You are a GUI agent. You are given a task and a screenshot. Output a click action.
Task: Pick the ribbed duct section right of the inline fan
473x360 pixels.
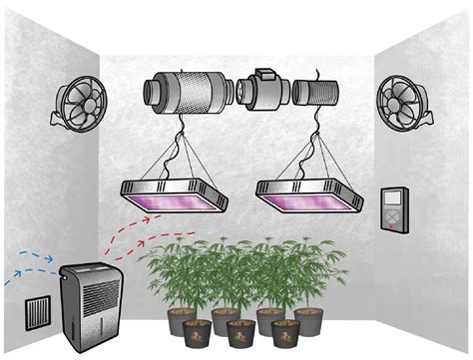(319, 94)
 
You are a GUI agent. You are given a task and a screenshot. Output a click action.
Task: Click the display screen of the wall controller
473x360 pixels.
(394, 198)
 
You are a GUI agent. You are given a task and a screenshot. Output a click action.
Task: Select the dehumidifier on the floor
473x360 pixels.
(96, 303)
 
